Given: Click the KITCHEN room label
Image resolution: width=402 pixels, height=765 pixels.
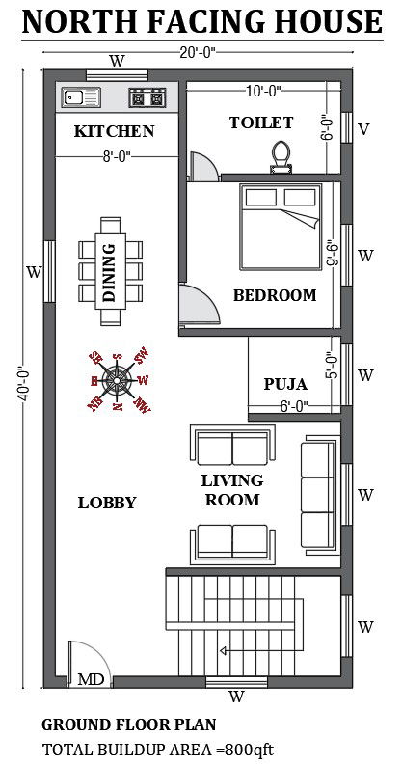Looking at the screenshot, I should (114, 131).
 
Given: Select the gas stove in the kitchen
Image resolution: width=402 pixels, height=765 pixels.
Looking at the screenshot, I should (148, 96).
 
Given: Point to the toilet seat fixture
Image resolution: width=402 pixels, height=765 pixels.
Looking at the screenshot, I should (281, 155).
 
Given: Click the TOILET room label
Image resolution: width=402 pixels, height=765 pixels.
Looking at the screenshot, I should (260, 123).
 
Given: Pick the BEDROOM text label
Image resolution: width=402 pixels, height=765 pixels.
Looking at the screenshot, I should (274, 295).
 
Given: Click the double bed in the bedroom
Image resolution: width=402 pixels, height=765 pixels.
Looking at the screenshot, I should (278, 228).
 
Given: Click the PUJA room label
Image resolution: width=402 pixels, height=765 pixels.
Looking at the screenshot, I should (286, 384).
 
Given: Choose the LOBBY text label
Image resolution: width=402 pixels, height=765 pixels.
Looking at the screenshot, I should (106, 503).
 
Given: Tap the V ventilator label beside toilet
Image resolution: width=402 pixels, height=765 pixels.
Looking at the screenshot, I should (363, 129).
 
